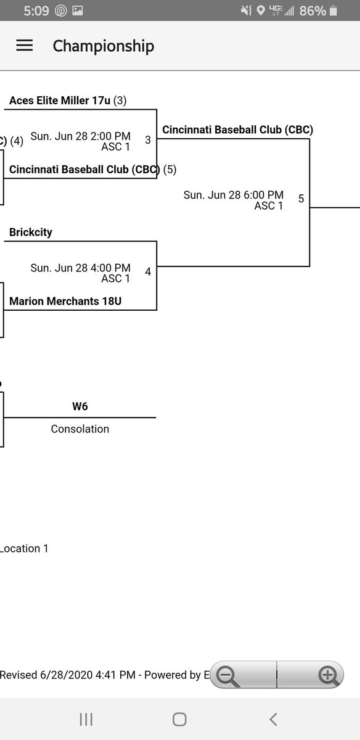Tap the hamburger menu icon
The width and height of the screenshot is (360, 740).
tap(24, 46)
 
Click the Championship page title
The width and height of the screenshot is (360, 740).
tap(103, 46)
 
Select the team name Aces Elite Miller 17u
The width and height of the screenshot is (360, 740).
tap(60, 100)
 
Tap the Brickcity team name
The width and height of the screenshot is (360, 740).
tap(31, 232)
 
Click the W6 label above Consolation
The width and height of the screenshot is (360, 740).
tap(80, 406)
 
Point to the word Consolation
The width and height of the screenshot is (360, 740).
tap(80, 429)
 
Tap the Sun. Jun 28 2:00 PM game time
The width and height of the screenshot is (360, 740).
tap(80, 136)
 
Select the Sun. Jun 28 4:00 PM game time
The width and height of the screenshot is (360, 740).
tap(80, 268)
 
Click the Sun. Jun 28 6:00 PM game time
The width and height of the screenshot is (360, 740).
tap(234, 195)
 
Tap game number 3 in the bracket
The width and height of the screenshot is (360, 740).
tap(148, 140)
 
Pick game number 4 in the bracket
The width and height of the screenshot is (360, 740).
tap(148, 271)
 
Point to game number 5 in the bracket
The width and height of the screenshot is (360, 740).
tap(301, 199)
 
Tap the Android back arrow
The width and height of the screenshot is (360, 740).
tap(273, 719)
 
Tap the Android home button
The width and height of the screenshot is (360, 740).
tap(179, 719)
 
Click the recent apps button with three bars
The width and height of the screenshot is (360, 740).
tap(86, 719)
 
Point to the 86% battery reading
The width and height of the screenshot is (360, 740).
tap(312, 10)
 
